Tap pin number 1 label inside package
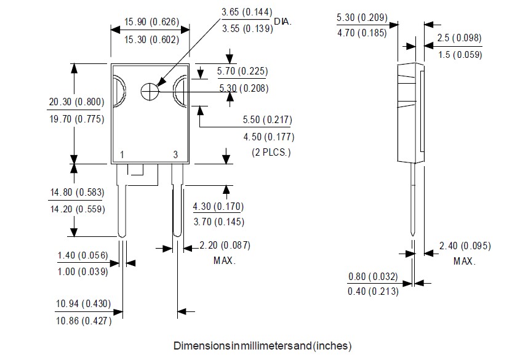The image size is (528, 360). [122, 154]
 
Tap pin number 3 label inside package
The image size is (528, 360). [175, 154]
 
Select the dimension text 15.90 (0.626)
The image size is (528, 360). [151, 22]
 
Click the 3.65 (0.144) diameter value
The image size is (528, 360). [247, 12]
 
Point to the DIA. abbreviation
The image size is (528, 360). [282, 22]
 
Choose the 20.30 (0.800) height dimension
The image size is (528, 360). [76, 102]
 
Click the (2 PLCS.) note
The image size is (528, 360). [271, 152]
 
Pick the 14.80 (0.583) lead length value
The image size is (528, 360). [77, 192]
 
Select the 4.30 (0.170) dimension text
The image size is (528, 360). [218, 206]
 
